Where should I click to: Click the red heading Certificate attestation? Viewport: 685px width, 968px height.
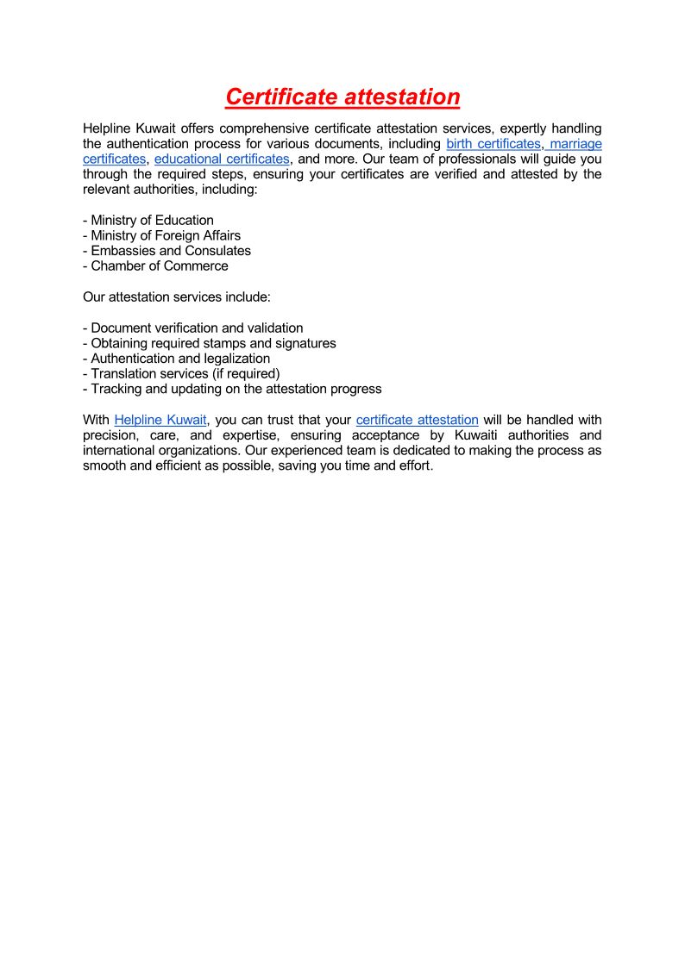(342, 97)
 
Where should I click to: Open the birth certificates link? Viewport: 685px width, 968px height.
(493, 144)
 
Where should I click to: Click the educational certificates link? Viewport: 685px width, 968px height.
(222, 159)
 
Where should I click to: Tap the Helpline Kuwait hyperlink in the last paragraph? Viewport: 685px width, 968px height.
(160, 420)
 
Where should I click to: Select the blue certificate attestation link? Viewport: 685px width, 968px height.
(417, 420)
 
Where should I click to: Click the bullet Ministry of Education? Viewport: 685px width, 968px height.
(148, 220)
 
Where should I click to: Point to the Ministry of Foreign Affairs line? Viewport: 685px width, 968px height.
(162, 235)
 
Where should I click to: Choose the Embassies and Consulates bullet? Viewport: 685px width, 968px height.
(167, 251)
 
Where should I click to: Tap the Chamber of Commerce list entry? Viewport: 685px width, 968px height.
(156, 266)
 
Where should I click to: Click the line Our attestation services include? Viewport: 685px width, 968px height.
(177, 297)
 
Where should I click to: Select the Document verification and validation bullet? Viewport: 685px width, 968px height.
(193, 328)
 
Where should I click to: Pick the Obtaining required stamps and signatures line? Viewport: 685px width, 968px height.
(210, 343)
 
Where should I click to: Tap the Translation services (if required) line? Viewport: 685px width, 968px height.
(182, 374)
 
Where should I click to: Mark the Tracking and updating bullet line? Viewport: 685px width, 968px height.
(232, 390)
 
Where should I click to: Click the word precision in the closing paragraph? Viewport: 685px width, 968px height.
(109, 435)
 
